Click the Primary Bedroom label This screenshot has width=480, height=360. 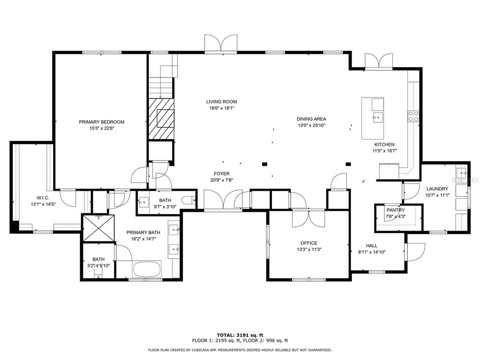click(102, 122)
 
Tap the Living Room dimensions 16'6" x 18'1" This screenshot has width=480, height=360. click(221, 108)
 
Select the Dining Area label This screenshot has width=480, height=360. click(311, 119)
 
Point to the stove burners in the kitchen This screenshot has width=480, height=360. click(413, 116)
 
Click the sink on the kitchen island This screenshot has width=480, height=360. click(377, 117)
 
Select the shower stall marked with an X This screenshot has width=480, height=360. click(98, 228)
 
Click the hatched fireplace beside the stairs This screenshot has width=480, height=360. click(161, 119)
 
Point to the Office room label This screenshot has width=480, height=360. click(309, 243)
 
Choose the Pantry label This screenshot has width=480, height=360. click(396, 210)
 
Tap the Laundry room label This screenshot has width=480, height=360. click(437, 189)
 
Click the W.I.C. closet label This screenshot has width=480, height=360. click(43, 198)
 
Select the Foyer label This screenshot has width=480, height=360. click(222, 173)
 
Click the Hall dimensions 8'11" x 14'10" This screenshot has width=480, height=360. click(372, 252)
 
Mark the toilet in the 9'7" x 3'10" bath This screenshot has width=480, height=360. click(188, 201)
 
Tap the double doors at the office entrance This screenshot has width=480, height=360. click(308, 218)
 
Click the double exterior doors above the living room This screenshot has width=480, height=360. click(221, 44)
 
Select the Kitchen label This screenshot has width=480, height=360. click(384, 144)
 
